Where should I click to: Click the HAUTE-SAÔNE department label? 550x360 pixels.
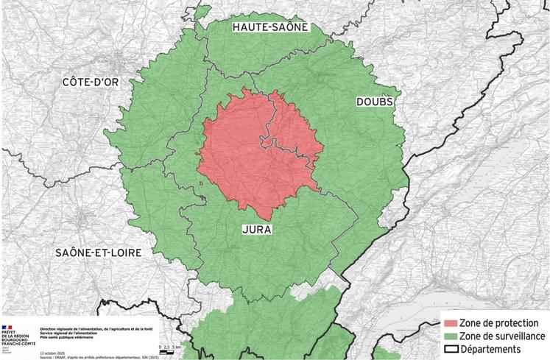(x=270, y=27)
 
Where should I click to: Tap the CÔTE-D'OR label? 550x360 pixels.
(x=91, y=82)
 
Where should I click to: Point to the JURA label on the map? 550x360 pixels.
(x=257, y=230)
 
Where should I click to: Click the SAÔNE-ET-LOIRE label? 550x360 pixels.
(x=98, y=252)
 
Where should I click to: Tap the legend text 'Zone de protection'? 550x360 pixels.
(x=504, y=323)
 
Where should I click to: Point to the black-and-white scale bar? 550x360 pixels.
(x=166, y=352)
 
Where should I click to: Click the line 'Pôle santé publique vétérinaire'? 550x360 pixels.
(x=71, y=337)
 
